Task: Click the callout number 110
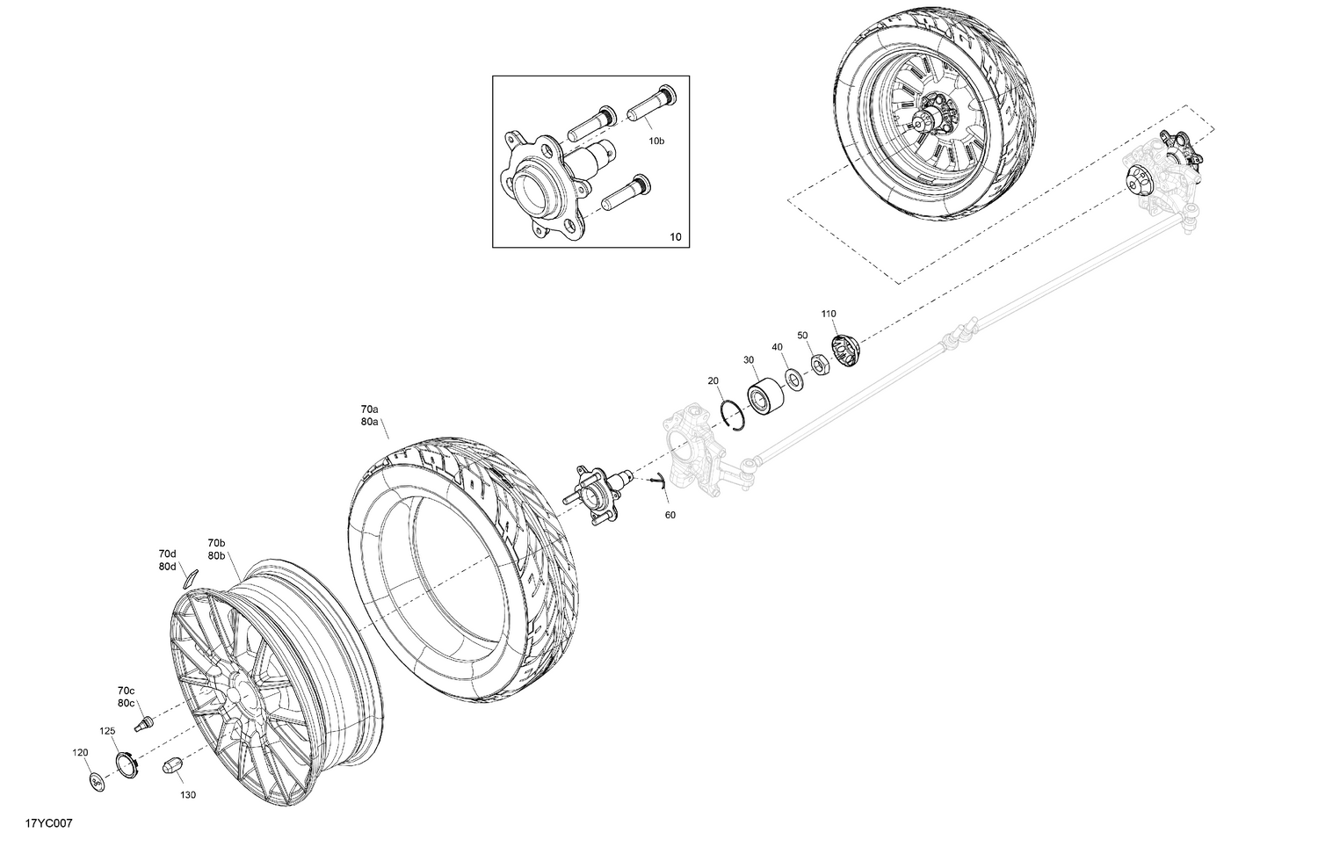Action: [x=829, y=314]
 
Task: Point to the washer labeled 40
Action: [x=793, y=379]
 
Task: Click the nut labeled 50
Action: [x=817, y=364]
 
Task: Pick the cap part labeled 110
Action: [x=845, y=351]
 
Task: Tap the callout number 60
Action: [x=670, y=515]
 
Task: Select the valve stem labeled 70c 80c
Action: [x=143, y=724]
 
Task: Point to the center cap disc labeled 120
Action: [x=97, y=779]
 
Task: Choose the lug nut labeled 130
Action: [x=171, y=764]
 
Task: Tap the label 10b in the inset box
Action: [x=656, y=141]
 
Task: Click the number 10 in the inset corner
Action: [x=675, y=237]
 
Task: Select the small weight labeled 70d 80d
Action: [x=190, y=578]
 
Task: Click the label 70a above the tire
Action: [x=369, y=409]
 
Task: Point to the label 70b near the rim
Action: [x=216, y=543]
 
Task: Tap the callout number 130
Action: [x=188, y=795]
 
